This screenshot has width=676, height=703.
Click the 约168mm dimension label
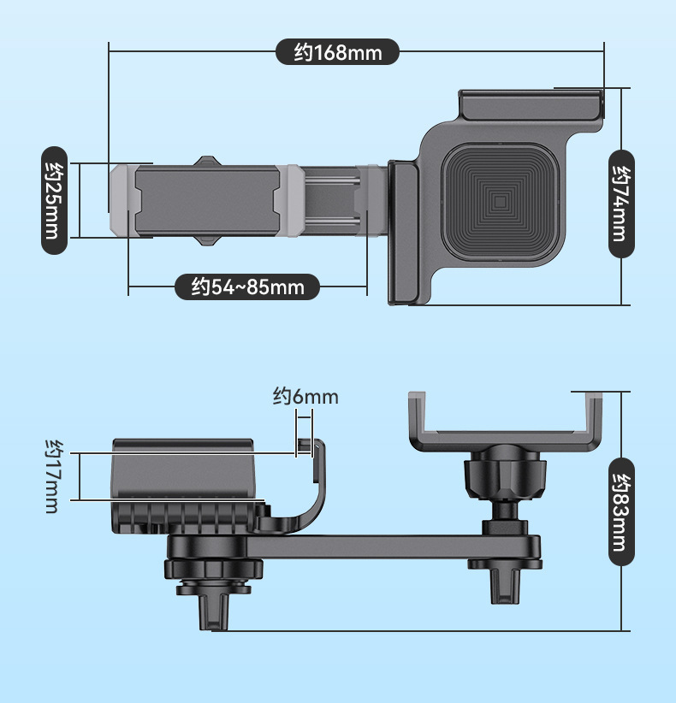[337, 52]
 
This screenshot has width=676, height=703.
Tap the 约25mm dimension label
[54, 200]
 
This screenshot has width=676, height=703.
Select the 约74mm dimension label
[621, 204]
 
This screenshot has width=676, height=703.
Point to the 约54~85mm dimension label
[247, 287]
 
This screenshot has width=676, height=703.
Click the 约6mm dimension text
[305, 397]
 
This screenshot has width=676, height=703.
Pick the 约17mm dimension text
[53, 476]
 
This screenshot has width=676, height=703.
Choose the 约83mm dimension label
[621, 512]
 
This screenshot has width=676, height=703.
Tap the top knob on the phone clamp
[207, 161]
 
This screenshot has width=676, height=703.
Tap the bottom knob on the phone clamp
[207, 240]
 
